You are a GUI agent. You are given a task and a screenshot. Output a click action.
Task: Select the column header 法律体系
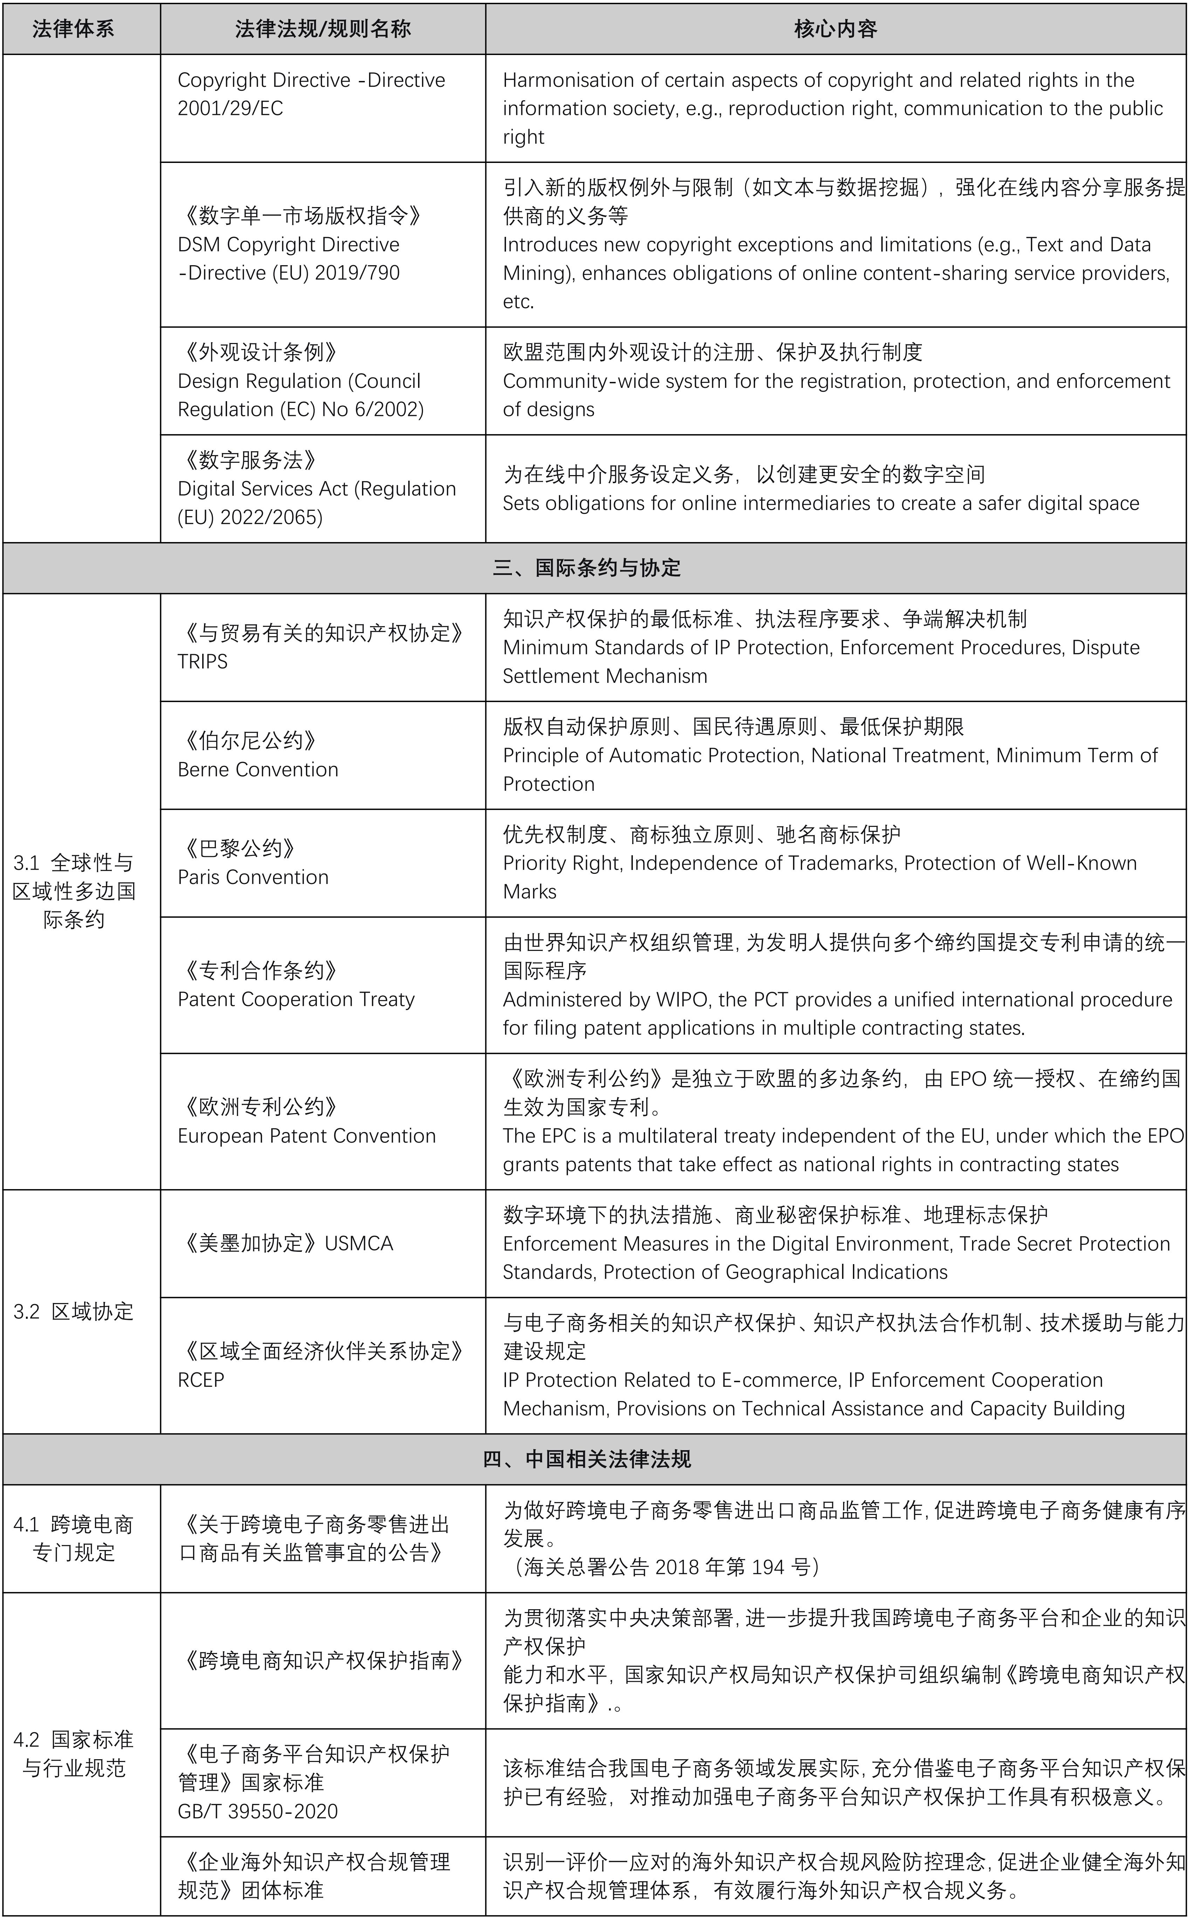coord(73,29)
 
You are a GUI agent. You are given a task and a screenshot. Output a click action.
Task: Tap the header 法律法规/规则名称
coord(323,29)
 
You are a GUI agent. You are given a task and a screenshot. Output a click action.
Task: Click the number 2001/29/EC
coord(230,109)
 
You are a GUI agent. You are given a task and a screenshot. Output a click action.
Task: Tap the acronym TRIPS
coord(202,662)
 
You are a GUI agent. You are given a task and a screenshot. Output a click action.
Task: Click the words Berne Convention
coord(258,769)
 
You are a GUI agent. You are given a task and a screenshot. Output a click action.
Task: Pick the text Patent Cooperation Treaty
coord(296,999)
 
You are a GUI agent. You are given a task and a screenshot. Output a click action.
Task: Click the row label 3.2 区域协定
coord(73,1311)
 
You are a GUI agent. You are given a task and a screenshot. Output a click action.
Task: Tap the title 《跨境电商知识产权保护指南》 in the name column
coord(323,1660)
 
